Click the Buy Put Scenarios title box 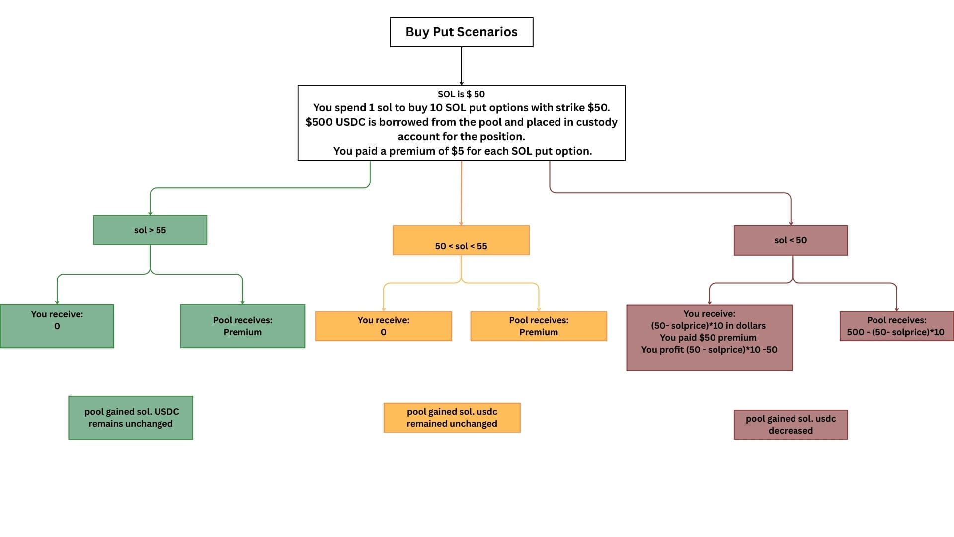coord(461,32)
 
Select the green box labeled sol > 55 coord(150,230)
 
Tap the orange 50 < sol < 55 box coord(461,241)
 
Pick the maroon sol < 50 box coord(791,240)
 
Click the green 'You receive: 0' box coord(57,326)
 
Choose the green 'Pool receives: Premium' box coord(242,326)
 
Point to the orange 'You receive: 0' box coord(383,326)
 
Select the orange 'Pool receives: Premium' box coord(539,326)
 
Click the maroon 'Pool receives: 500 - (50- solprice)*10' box coord(896,326)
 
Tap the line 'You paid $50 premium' coord(708,338)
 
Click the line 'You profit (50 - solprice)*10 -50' coord(709,350)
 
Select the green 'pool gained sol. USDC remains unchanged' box coord(131,418)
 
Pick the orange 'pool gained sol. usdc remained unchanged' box coord(452,418)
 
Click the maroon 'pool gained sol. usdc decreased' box coord(791,425)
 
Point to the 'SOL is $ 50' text coord(461,94)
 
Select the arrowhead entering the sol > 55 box coord(150,213)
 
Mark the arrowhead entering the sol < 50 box coord(791,223)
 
